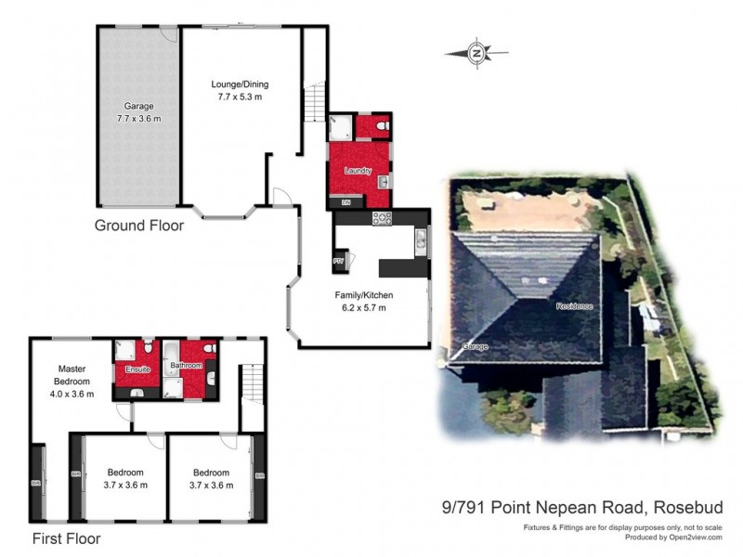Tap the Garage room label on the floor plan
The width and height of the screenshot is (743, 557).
pyautogui.click(x=139, y=107)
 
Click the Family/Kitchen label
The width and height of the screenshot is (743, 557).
pyautogui.click(x=360, y=295)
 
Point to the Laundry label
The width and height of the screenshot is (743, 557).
pyautogui.click(x=358, y=172)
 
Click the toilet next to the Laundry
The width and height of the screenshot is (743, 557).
pyautogui.click(x=382, y=123)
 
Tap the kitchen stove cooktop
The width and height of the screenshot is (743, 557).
pyautogui.click(x=382, y=218)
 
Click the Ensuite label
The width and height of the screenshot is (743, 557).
pyautogui.click(x=137, y=369)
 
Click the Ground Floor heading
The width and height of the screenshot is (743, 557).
pyautogui.click(x=139, y=226)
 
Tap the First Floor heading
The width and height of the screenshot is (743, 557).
pyautogui.click(x=66, y=538)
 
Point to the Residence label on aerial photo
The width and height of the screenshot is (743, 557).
pyautogui.click(x=574, y=306)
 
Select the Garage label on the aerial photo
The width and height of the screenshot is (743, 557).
pyautogui.click(x=476, y=347)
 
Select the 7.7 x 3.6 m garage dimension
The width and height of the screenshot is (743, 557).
pyautogui.click(x=139, y=119)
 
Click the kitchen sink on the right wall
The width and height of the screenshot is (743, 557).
pyautogui.click(x=420, y=242)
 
